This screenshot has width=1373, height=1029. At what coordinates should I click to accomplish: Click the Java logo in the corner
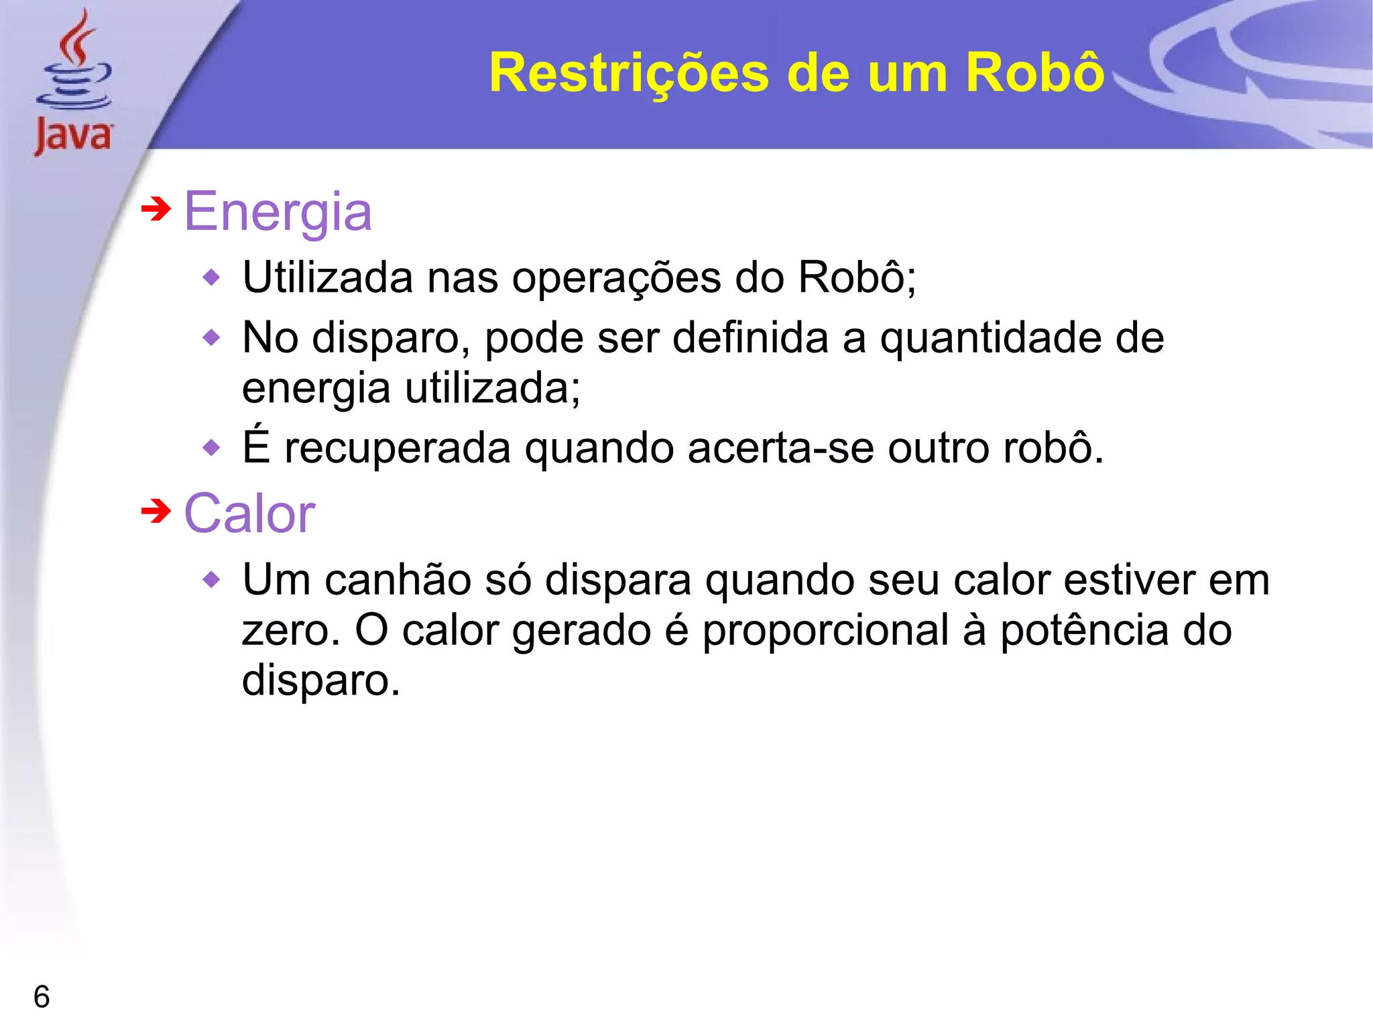[x=74, y=84]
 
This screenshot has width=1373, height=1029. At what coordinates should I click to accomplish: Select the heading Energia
[x=278, y=212]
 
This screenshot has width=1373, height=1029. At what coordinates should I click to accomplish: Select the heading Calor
[x=249, y=514]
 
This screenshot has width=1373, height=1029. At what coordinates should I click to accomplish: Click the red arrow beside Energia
[x=156, y=210]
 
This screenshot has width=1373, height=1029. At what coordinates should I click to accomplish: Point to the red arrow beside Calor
[x=156, y=512]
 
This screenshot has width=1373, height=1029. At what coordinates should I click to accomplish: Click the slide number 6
[x=42, y=997]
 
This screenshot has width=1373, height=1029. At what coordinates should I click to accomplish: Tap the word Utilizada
[x=328, y=278]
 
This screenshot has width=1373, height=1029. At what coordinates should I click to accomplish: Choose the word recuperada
[x=398, y=448]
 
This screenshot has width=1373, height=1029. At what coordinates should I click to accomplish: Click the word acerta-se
[x=780, y=448]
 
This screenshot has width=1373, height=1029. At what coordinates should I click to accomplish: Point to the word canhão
[x=398, y=579]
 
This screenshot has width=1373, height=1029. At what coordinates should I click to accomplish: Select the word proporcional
[x=825, y=631]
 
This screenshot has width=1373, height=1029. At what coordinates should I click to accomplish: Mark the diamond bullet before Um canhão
[x=211, y=579]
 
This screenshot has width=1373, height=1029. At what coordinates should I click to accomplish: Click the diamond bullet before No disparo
[x=211, y=337]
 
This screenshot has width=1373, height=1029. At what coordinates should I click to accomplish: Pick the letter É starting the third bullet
[x=257, y=446]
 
